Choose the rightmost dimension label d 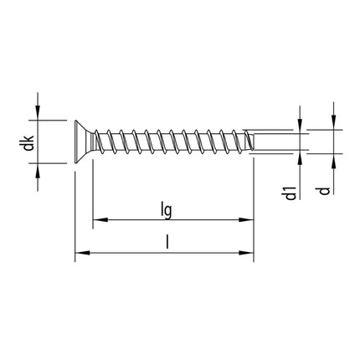321,193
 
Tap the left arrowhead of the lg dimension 97,221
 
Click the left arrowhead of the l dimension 80,253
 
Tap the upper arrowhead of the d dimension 332,123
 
